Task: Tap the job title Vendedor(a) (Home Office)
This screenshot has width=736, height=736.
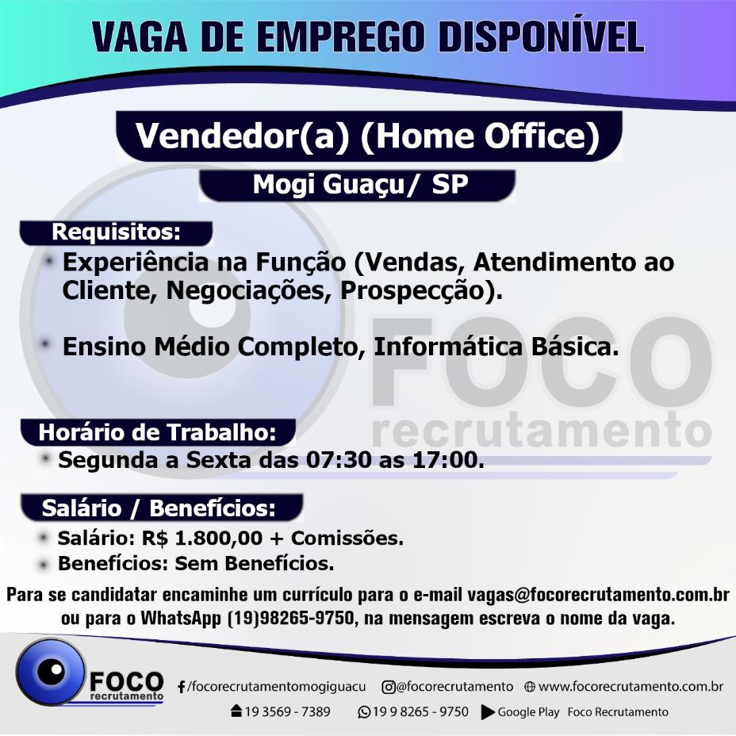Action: [367, 136]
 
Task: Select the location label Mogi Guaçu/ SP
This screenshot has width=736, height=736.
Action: [361, 185]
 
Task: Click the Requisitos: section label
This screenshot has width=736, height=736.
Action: [116, 232]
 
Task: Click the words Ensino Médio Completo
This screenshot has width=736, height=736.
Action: [213, 347]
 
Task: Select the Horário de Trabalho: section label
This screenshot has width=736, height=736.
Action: [157, 432]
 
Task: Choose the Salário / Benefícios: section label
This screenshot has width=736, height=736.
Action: [159, 508]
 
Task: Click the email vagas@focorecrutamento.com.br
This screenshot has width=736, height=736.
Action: [598, 595]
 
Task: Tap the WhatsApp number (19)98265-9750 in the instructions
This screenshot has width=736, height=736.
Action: [290, 618]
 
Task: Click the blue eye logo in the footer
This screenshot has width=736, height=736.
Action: [50, 672]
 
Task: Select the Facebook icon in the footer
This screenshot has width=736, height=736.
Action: [181, 687]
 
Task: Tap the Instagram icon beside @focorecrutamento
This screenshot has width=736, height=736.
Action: [388, 687]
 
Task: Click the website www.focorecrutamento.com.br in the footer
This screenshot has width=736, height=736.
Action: [631, 687]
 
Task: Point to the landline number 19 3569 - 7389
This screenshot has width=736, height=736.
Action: [287, 712]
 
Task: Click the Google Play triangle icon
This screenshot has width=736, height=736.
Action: [488, 712]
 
